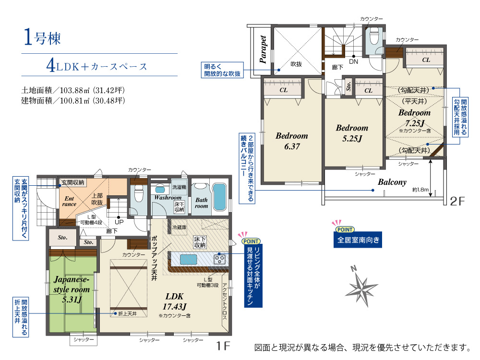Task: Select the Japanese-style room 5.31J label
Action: coord(72,289)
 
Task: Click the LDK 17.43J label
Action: coord(175,301)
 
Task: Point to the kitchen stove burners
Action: coord(220,259)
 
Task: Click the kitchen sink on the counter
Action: coord(188,260)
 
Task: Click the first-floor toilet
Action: coord(139,194)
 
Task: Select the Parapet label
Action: coord(263,49)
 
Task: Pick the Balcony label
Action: coord(392,182)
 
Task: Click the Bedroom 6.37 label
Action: coord(292,141)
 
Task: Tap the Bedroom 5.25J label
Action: coord(352,133)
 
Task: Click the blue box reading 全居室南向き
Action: coord(358,240)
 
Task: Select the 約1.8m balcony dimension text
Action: coord(420,190)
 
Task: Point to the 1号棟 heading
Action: coord(42,37)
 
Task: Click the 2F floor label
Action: coord(457,201)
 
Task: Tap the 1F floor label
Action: coord(223,346)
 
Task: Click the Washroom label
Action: coord(168,198)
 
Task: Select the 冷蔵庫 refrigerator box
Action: coord(179,228)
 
